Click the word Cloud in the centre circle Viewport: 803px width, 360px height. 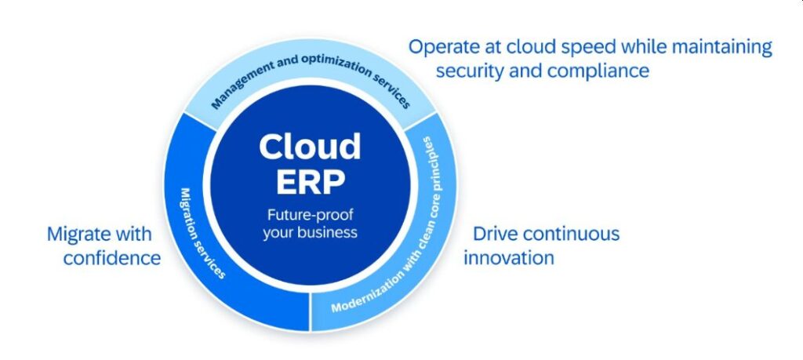point(310,147)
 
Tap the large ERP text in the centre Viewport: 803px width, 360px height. point(310,182)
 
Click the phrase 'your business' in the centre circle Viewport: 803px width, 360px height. point(310,232)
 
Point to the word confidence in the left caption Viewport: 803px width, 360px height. point(112,257)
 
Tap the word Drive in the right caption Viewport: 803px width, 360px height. point(495,234)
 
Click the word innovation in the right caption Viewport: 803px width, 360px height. point(509,257)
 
